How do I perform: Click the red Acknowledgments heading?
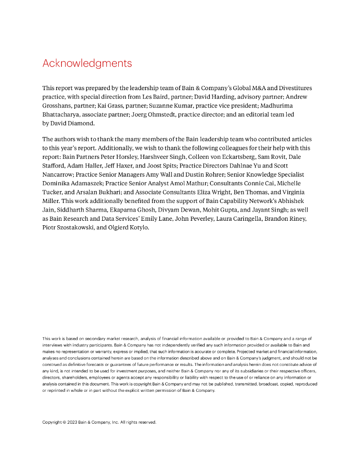87,63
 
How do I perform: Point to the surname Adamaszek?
82,183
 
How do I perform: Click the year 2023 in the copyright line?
72,422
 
